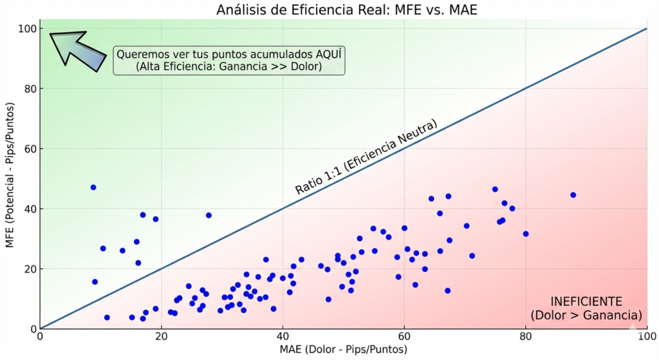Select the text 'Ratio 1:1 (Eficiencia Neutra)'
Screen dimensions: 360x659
[366, 157]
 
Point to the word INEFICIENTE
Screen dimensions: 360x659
[586, 301]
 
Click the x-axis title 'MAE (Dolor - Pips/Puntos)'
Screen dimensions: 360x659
[343, 349]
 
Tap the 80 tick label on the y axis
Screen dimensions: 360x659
[28, 89]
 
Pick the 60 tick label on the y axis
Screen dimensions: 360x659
[28, 149]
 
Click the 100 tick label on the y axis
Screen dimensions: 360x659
[26, 29]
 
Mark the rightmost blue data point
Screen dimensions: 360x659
[573, 194]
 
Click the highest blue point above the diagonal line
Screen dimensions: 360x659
[93, 187]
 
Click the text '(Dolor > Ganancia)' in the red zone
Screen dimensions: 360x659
[586, 316]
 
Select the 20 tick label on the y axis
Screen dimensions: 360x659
[28, 269]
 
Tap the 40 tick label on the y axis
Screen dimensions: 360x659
[28, 209]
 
